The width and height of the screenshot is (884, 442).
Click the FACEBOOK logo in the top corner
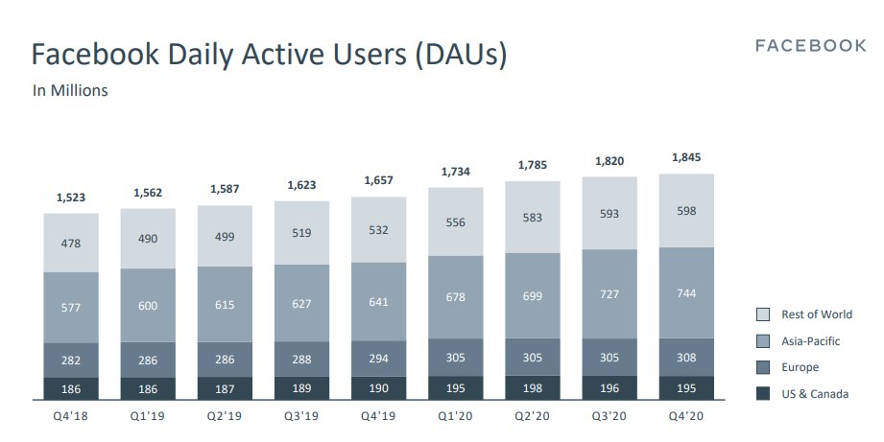(810, 46)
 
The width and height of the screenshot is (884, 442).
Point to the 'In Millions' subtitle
(70, 91)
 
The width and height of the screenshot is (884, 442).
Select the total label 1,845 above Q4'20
(686, 158)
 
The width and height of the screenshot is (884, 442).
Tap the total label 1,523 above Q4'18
(70, 198)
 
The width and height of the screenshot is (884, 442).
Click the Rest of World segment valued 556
(456, 221)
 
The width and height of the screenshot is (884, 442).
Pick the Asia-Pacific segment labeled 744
(686, 292)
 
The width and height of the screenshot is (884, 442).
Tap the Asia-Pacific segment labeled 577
(70, 307)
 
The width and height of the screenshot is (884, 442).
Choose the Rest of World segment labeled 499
(225, 236)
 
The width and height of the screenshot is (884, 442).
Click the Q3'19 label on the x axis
(301, 416)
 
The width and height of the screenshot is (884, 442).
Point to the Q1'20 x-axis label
(456, 416)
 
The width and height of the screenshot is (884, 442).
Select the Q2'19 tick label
(225, 416)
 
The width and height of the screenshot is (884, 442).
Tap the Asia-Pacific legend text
(811, 340)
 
